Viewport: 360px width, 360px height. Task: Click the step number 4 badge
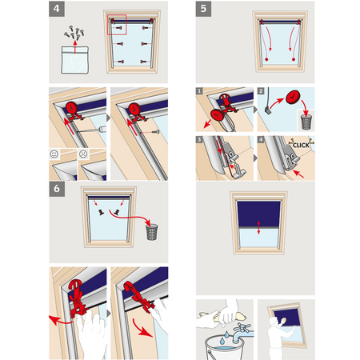tap(57, 9)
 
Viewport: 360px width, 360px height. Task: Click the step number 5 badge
tap(203, 9)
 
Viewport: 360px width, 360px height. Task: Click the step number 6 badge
tap(57, 189)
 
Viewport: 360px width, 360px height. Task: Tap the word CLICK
tap(301, 145)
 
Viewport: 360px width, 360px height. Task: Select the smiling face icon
tap(54, 154)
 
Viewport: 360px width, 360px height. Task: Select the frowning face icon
tap(83, 154)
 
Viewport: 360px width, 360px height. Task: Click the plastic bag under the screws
tap(75, 60)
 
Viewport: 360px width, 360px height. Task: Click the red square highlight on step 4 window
tap(117, 25)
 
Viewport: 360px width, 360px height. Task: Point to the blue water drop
tap(222, 341)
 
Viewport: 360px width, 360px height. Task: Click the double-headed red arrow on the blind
tap(258, 227)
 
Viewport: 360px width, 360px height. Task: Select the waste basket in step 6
tap(152, 232)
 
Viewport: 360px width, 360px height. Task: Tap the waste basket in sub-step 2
tap(306, 122)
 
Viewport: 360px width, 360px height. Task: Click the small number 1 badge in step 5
tap(199, 91)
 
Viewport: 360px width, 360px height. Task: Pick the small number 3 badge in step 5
tap(199, 139)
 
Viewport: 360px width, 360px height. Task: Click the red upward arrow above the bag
tap(75, 47)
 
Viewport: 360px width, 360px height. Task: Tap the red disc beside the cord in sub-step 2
tap(293, 97)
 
